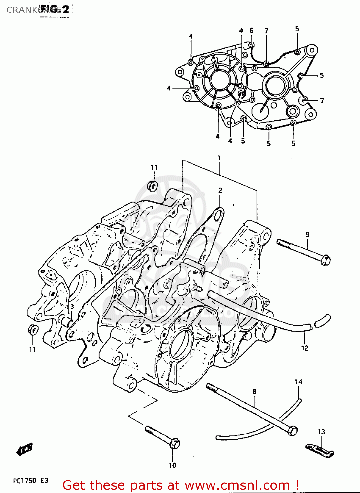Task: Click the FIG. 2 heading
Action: click(55, 9)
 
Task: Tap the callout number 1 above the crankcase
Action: click(219, 158)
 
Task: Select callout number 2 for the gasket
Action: click(220, 190)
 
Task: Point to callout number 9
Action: click(308, 235)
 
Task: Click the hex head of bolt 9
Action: click(326, 260)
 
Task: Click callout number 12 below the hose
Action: click(304, 348)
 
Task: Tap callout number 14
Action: click(298, 382)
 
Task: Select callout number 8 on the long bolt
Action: click(255, 391)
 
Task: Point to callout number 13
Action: click(321, 432)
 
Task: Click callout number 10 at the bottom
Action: click(172, 465)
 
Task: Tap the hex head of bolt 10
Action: click(175, 444)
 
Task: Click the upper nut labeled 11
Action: click(152, 186)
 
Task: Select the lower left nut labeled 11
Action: click(32, 330)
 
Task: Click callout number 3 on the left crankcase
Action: click(72, 306)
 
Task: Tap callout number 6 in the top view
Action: click(252, 31)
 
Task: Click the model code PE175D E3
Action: click(31, 481)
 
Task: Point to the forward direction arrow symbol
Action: click(25, 449)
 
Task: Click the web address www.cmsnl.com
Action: click(237, 485)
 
